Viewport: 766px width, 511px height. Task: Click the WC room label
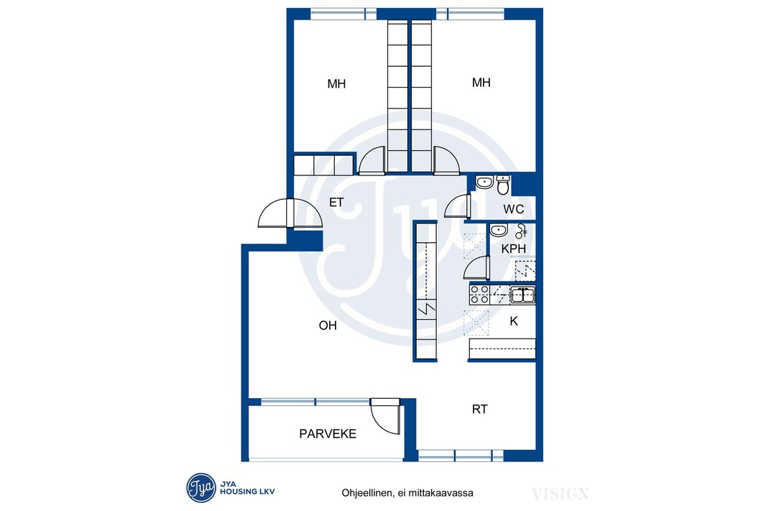[514, 209]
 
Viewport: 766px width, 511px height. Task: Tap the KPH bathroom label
[514, 249]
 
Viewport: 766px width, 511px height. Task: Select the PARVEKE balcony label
[328, 434]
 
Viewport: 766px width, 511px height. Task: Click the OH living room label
[328, 326]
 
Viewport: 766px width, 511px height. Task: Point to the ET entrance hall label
[336, 202]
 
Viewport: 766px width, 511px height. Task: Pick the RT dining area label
[480, 410]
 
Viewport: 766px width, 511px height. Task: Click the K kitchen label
[514, 321]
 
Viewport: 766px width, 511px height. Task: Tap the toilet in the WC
[503, 185]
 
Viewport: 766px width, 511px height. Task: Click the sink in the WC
[484, 183]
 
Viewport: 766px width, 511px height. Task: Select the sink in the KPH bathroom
[498, 230]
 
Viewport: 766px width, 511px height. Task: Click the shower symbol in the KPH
[521, 231]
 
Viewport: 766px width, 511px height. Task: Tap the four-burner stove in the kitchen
[479, 295]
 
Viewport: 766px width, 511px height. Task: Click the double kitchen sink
[522, 295]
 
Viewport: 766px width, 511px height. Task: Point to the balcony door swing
[386, 417]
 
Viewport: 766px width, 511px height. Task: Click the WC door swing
[458, 206]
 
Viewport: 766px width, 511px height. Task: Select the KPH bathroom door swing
[476, 267]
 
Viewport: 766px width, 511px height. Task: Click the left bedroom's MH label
[336, 84]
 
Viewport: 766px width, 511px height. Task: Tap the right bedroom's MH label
[481, 83]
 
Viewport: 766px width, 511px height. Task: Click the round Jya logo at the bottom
[200, 487]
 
